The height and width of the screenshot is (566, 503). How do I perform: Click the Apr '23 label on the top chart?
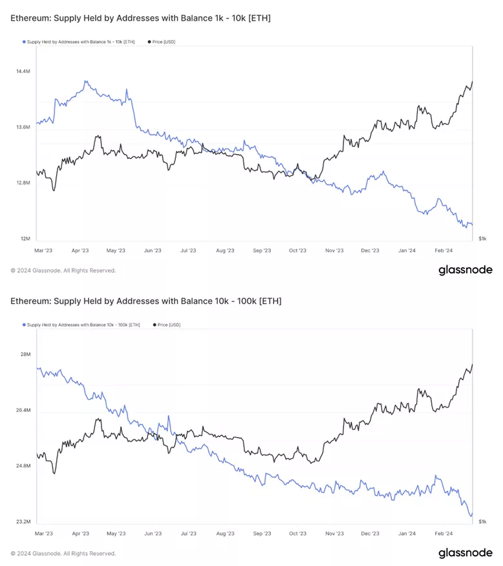(80, 250)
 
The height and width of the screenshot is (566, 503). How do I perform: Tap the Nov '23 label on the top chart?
(334, 250)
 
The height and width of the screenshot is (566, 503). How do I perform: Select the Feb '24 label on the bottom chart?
(444, 534)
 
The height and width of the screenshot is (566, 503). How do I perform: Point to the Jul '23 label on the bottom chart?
(188, 534)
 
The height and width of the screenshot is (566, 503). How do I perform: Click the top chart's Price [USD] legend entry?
(164, 42)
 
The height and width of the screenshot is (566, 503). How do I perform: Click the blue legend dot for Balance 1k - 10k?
(24, 42)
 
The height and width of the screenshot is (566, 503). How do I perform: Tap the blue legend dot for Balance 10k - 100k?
(24, 325)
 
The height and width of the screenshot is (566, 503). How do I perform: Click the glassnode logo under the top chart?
(465, 270)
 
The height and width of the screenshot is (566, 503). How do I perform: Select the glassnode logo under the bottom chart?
(465, 553)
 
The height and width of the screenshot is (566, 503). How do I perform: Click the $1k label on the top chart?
(482, 239)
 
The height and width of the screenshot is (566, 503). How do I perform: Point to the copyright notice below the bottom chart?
(63, 554)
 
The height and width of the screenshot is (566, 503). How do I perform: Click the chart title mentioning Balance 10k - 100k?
(146, 301)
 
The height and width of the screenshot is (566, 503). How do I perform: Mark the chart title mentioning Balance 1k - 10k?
(140, 18)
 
